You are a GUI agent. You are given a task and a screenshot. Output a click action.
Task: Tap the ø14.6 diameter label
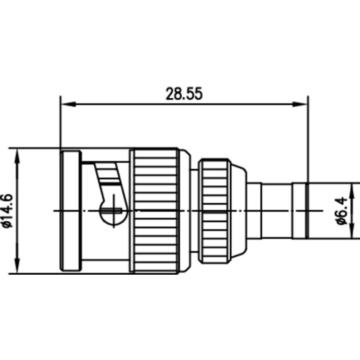(8, 211)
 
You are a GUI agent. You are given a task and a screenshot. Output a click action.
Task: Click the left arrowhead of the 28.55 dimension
(67, 104)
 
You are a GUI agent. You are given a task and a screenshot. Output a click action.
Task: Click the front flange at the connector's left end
(71, 211)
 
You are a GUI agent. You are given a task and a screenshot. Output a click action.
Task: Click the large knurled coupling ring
(156, 211)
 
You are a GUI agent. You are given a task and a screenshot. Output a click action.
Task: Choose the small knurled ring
(215, 211)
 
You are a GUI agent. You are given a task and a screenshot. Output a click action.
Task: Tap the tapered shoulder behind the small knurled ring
(238, 211)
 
